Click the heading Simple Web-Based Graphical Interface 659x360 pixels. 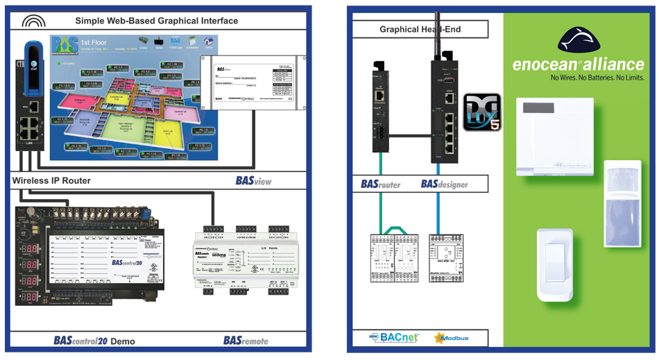pos(156,21)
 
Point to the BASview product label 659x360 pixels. pos(253,181)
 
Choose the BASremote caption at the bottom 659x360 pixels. pos(246,341)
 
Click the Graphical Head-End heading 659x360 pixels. pos(420,29)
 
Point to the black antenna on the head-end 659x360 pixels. pos(438,35)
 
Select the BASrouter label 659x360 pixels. pos(381,185)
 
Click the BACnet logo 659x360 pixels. pos(393,338)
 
